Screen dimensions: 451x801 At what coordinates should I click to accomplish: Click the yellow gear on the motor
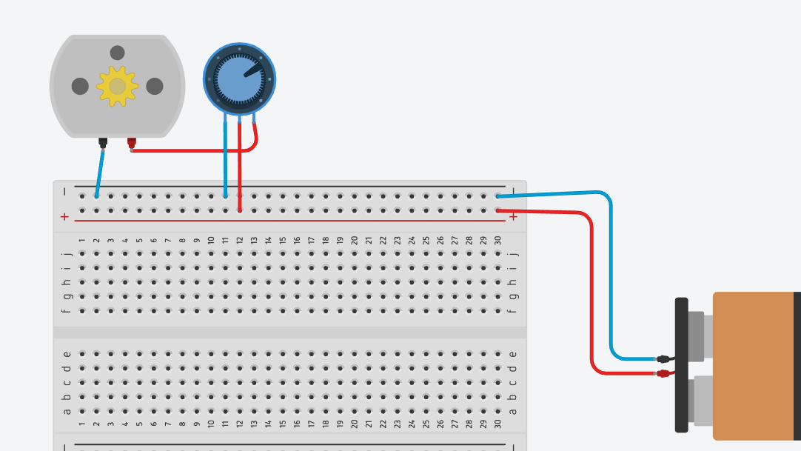coord(117,86)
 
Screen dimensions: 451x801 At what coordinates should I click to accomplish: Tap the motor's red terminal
coord(132,141)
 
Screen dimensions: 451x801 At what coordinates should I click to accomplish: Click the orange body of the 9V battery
coord(751,366)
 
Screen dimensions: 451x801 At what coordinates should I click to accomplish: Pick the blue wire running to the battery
coord(610,281)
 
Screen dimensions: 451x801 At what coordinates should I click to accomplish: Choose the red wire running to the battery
coord(592,296)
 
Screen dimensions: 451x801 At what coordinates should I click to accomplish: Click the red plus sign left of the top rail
coord(64,216)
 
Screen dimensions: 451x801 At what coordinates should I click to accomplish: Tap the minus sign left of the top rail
coord(64,192)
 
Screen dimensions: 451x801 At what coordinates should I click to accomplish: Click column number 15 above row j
coord(283,241)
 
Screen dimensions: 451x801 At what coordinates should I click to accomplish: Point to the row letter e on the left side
coord(67,354)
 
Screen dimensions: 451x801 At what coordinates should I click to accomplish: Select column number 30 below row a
coord(498,425)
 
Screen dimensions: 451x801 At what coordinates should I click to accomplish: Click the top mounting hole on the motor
coord(117,53)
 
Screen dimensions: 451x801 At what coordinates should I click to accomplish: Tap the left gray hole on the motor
coord(80,87)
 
